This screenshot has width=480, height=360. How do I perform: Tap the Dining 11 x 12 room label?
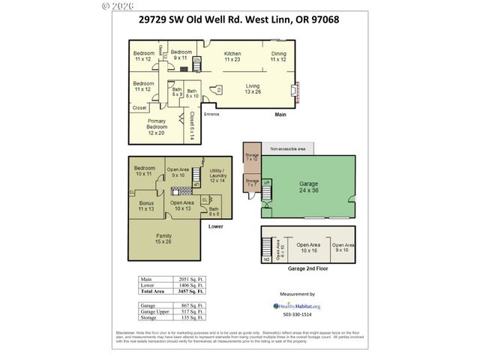pyautogui.click(x=278, y=56)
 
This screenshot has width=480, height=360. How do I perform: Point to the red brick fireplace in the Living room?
pyautogui.click(x=298, y=88)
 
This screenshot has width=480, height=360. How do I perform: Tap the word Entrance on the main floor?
pyautogui.click(x=212, y=114)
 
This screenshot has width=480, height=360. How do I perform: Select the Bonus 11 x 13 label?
pyautogui.click(x=146, y=206)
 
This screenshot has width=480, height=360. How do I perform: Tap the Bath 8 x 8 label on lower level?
pyautogui.click(x=214, y=211)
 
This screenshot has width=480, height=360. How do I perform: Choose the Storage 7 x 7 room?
pyautogui.click(x=251, y=182)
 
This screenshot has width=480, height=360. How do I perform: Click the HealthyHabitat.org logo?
pyautogui.click(x=297, y=306)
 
